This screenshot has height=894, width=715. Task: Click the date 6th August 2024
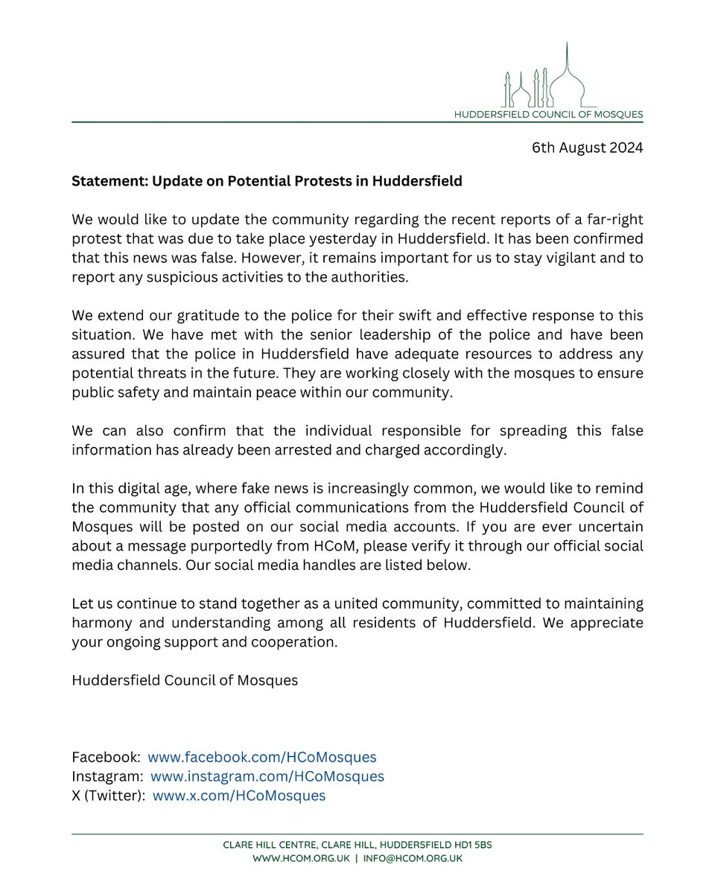tap(587, 148)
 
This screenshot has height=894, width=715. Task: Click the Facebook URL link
tap(261, 757)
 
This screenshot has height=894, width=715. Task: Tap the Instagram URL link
tap(267, 776)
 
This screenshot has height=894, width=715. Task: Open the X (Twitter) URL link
tap(239, 796)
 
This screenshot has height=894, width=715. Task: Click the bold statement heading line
tap(267, 182)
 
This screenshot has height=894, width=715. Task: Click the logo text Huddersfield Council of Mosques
tap(549, 115)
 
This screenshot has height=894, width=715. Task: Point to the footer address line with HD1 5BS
tap(357, 846)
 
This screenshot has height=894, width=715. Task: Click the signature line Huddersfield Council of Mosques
tap(185, 680)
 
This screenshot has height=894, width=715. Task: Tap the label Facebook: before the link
tap(107, 757)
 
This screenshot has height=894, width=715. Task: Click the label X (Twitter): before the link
tap(109, 796)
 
